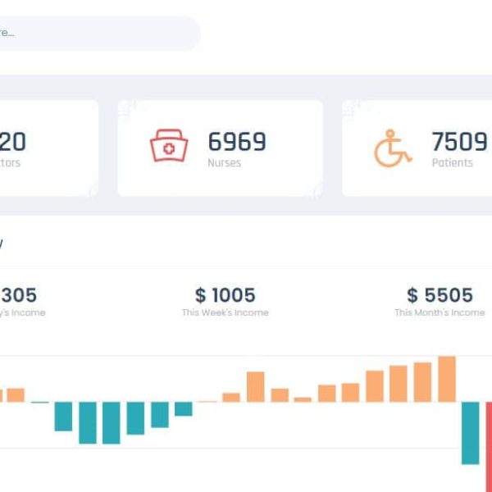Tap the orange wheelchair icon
point(393,148)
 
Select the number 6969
point(237,142)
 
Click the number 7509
point(459,142)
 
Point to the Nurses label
point(224,163)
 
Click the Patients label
point(452,163)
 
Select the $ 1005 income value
point(225,294)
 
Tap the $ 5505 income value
point(440,294)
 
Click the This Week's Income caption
point(225,312)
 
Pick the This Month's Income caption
point(440,312)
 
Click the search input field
point(98,34)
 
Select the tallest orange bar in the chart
point(447,379)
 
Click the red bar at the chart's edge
point(488,443)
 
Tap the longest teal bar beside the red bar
point(470,433)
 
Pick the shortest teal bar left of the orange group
point(183,408)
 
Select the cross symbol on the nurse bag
point(169,149)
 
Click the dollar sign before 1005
point(201,294)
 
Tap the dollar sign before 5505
point(412,294)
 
